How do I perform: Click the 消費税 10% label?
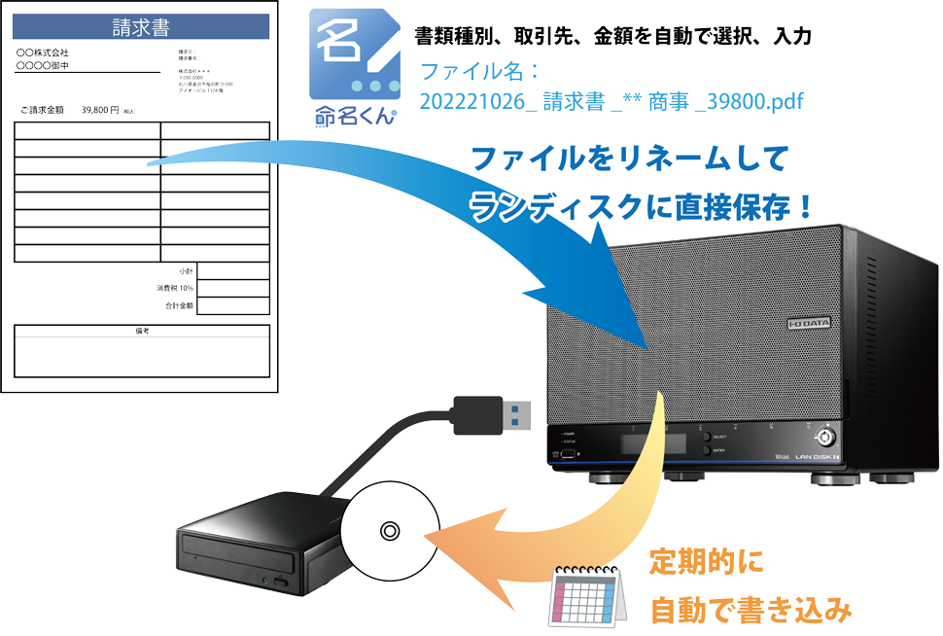pyautogui.click(x=175, y=288)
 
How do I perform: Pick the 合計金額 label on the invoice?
pyautogui.click(x=179, y=305)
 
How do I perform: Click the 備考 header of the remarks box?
pyautogui.click(x=142, y=331)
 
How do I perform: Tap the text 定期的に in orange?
pyautogui.click(x=706, y=562)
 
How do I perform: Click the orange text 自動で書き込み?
pyautogui.click(x=750, y=611)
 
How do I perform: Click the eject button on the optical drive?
pyautogui.click(x=283, y=582)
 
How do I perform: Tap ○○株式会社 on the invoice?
pyautogui.click(x=43, y=53)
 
